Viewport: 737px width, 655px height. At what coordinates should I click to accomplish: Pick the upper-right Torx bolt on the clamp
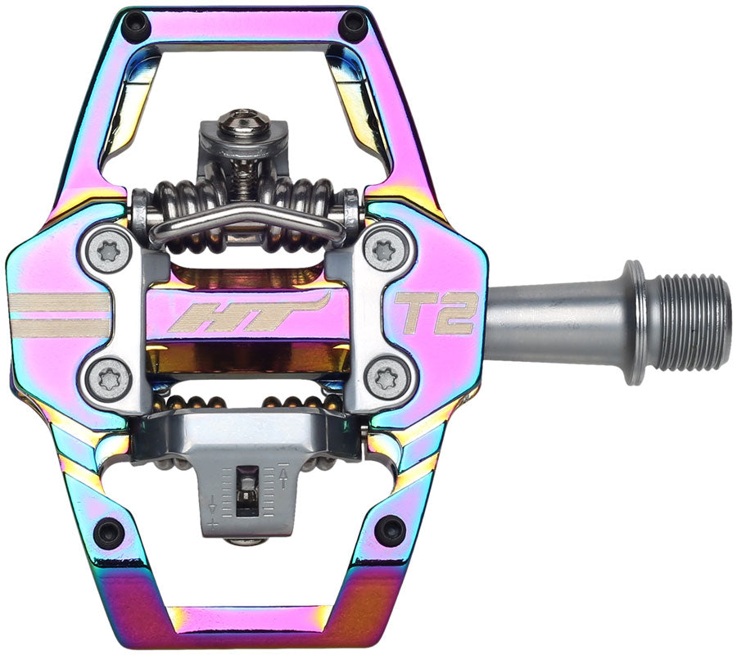382,249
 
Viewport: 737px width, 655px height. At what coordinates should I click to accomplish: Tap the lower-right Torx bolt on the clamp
382,378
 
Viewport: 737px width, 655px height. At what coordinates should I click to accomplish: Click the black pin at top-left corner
133,28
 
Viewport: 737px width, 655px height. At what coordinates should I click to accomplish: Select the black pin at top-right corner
354,26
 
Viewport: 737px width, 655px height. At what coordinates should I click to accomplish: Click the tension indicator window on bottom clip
244,491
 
